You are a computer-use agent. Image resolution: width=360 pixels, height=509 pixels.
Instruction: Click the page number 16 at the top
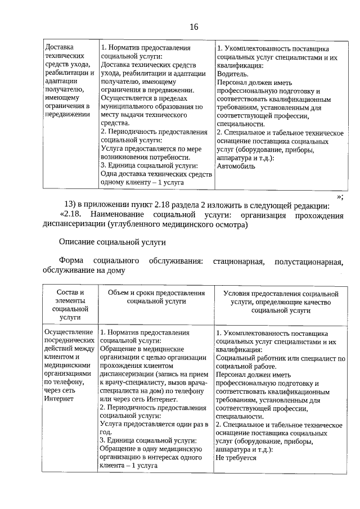193,27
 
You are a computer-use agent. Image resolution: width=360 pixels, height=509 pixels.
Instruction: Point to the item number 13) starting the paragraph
70,205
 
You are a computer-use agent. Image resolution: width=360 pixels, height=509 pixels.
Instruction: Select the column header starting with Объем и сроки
156,298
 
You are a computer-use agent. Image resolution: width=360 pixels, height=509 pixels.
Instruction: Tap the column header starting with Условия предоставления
280,301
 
